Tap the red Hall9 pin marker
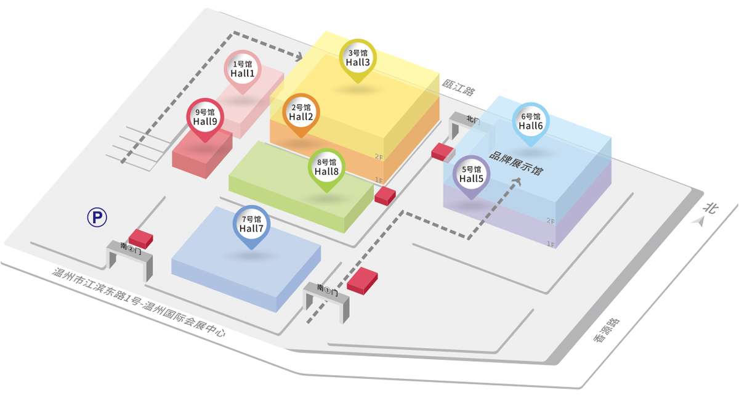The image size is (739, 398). [205, 120]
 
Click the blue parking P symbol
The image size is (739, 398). [97, 217]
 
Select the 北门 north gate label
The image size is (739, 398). [473, 120]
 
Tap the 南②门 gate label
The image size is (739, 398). [131, 248]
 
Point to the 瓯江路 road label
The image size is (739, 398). [458, 87]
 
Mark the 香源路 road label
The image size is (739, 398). [607, 330]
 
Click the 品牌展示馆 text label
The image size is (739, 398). [516, 163]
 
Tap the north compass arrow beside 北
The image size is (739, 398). [699, 221]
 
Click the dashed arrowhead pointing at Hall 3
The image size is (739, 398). [298, 57]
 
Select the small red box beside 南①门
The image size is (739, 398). [362, 281]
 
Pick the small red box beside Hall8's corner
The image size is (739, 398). [385, 196]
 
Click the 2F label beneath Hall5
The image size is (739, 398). [551, 221]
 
